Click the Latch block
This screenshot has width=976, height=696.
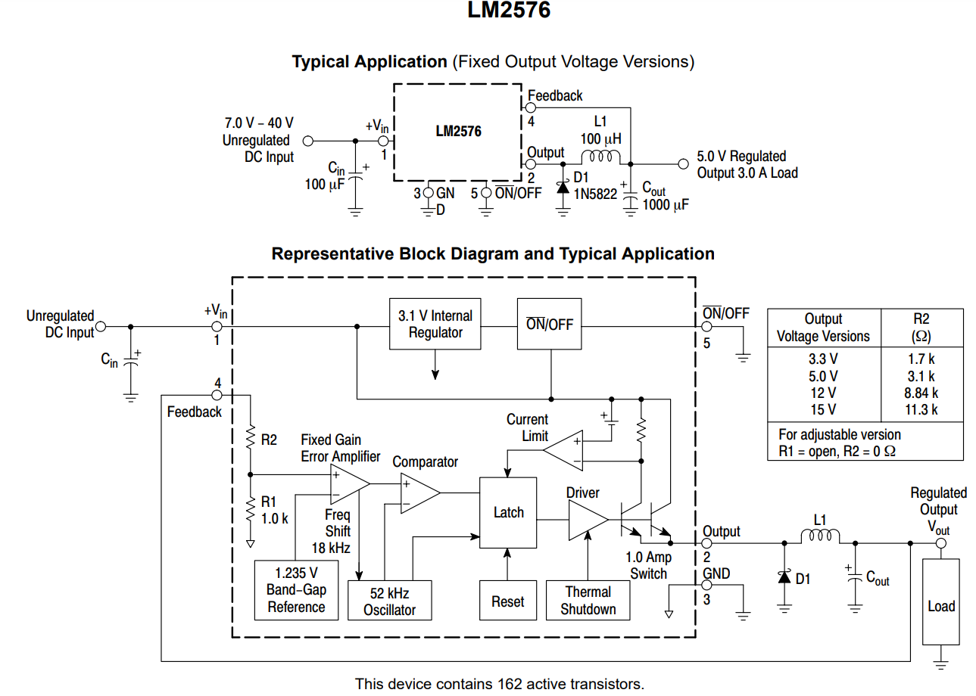pyautogui.click(x=508, y=512)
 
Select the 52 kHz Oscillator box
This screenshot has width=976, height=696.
pyautogui.click(x=389, y=601)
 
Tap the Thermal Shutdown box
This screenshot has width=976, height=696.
pyautogui.click(x=588, y=601)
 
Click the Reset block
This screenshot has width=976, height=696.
pyautogui.click(x=507, y=601)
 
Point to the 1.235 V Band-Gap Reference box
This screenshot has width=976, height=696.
pyautogui.click(x=296, y=590)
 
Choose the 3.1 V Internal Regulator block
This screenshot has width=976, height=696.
pyautogui.click(x=435, y=324)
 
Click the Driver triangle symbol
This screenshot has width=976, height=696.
pyautogui.click(x=586, y=520)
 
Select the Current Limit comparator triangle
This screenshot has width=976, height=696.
pyautogui.click(x=563, y=450)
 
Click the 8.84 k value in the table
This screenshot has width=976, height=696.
pyautogui.click(x=921, y=393)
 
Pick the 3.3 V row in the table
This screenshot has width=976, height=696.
pyautogui.click(x=823, y=359)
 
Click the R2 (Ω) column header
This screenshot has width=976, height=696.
pyautogui.click(x=921, y=327)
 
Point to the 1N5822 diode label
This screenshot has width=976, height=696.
pyautogui.click(x=595, y=194)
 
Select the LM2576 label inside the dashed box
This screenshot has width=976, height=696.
pyautogui.click(x=458, y=131)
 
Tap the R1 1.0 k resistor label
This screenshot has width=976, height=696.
pyautogui.click(x=274, y=511)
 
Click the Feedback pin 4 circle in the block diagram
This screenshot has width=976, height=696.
pyautogui.click(x=217, y=395)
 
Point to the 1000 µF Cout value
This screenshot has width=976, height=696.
pyautogui.click(x=666, y=204)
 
